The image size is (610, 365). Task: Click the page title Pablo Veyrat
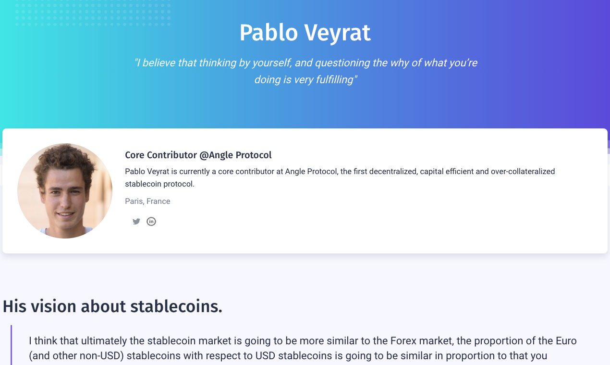[x=305, y=33]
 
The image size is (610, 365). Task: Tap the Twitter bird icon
[x=136, y=221]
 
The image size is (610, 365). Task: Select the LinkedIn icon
[x=151, y=221]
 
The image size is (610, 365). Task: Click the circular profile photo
[x=65, y=191]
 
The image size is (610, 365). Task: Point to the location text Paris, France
[x=147, y=201]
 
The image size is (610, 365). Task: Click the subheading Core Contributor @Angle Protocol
[x=198, y=155]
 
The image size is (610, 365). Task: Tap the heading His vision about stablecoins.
[x=112, y=306]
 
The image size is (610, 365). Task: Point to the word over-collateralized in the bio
[x=523, y=171]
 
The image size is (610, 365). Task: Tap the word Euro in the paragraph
[x=566, y=341]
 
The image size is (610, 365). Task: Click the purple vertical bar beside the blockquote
[x=11, y=345]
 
